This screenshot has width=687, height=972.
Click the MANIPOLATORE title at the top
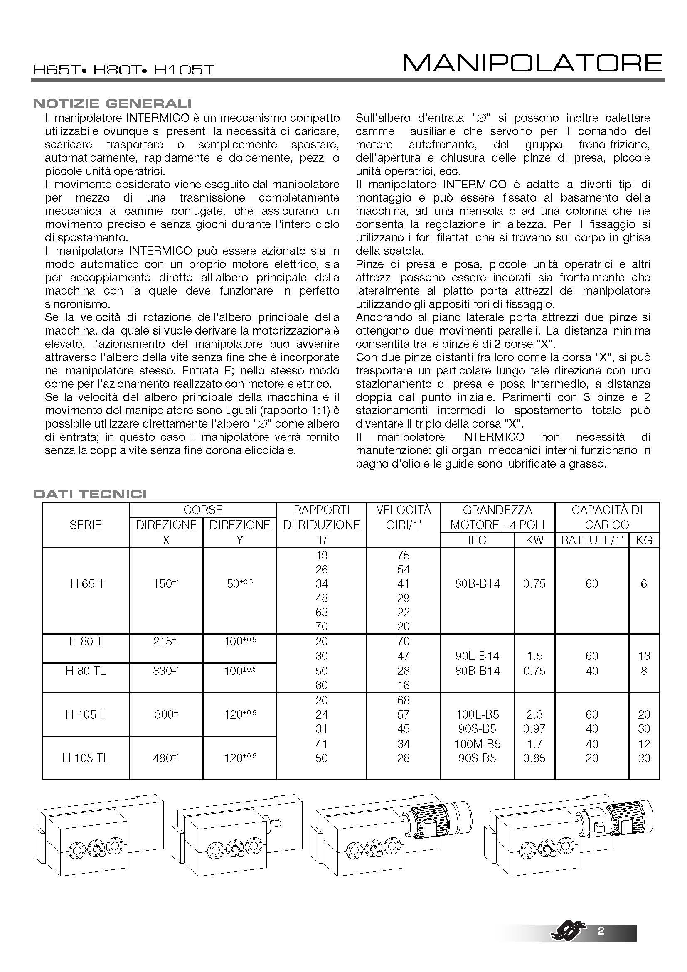point(532,64)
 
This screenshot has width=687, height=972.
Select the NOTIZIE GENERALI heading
point(112,103)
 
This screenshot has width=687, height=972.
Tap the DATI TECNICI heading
point(90,494)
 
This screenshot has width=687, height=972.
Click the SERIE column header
point(86,525)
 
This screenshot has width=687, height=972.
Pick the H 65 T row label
point(87,584)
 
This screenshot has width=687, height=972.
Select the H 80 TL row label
point(86,671)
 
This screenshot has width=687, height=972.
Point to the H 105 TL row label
point(86,758)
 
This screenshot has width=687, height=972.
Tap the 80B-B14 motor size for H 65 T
point(477,584)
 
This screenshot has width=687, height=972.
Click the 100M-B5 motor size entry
point(477,744)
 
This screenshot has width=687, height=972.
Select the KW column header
point(534,540)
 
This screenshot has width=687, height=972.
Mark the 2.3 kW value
point(534,715)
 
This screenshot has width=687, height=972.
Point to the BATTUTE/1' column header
point(592,540)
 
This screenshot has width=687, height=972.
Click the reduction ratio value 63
point(321,612)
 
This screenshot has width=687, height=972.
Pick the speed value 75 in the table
point(403,555)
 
